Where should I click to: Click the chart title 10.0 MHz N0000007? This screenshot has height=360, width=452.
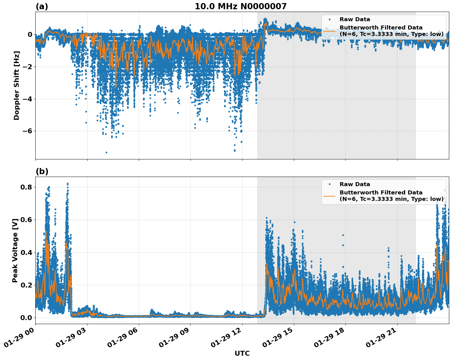[240, 6]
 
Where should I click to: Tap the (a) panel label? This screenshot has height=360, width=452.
[42, 6]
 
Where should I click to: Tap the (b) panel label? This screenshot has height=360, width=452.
[42, 171]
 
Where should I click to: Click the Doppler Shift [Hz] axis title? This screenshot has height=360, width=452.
[17, 85]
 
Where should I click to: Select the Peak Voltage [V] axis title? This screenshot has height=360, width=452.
[15, 250]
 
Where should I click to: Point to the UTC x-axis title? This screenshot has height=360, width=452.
[242, 353]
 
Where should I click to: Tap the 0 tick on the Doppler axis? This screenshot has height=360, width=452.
[30, 34]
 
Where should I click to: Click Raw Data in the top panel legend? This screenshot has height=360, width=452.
[355, 19]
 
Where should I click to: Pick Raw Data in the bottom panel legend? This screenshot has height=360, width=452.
[355, 184]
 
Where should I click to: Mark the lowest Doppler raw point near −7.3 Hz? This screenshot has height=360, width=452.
[106, 152]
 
